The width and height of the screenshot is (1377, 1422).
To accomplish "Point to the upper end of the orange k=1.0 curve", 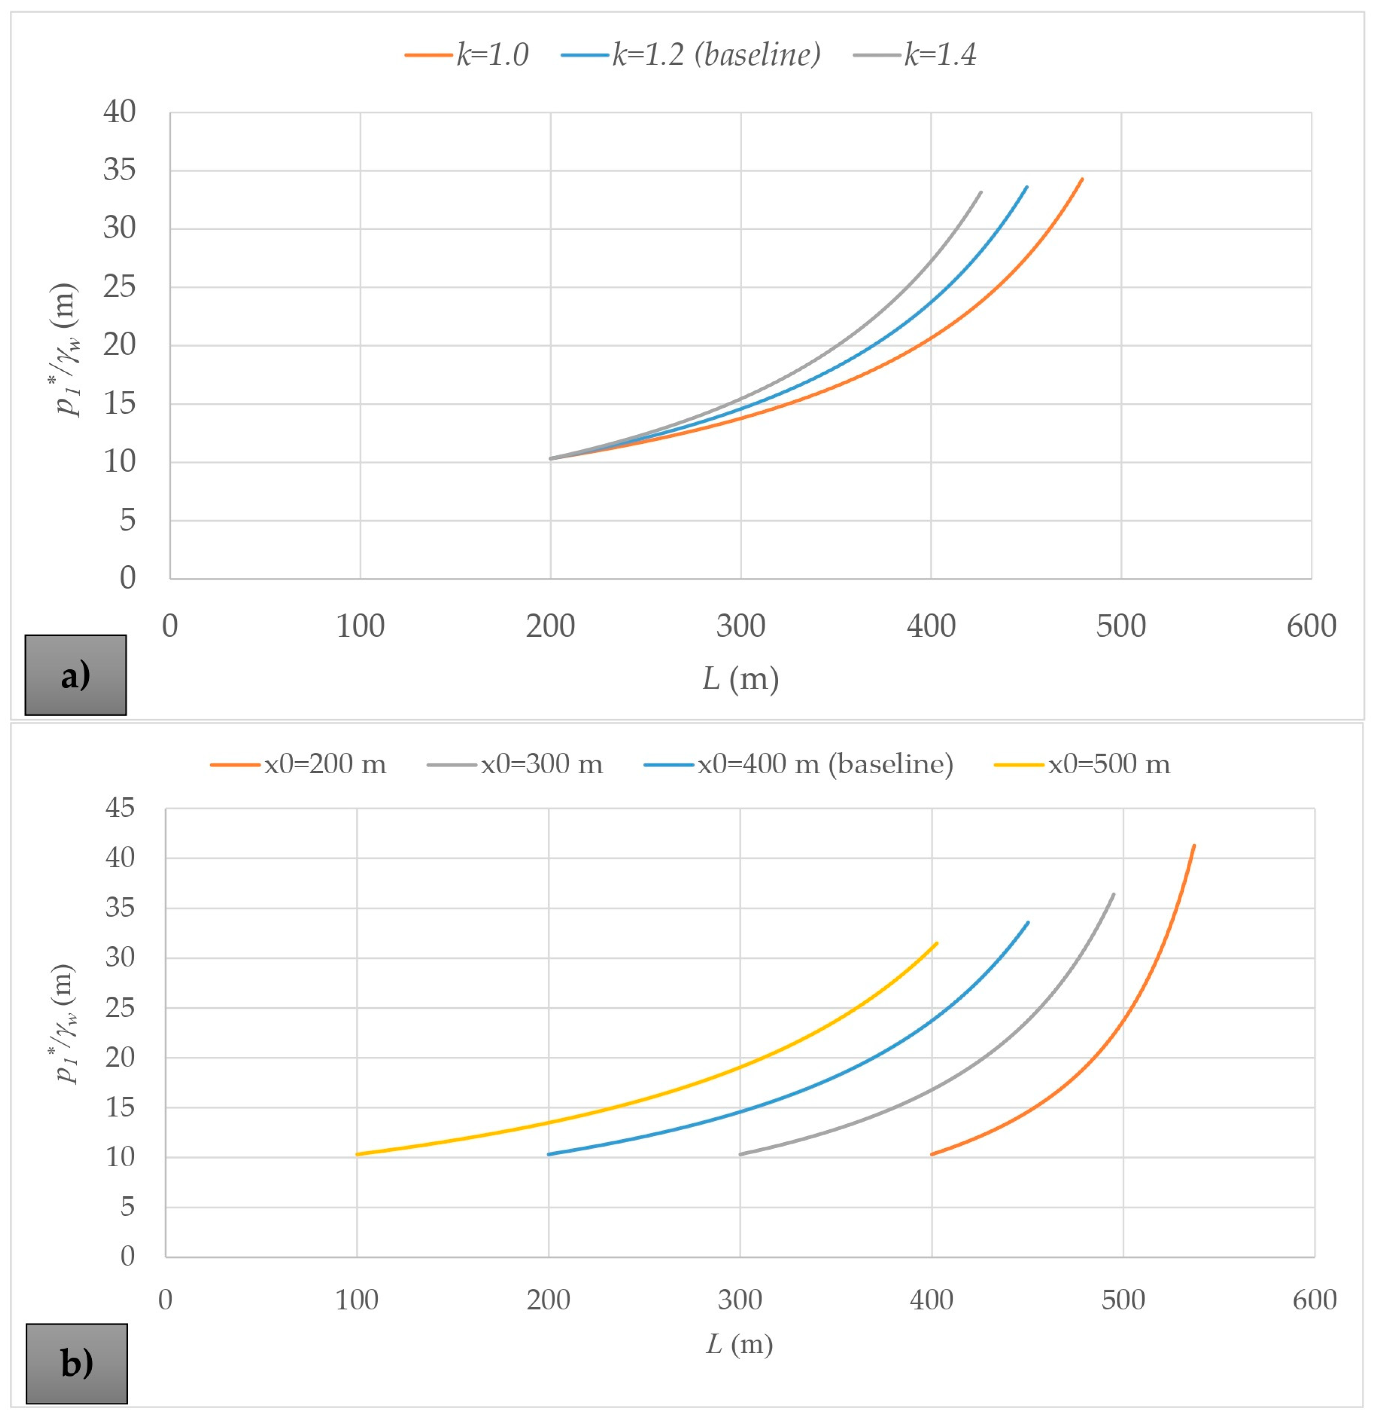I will [x=1082, y=179].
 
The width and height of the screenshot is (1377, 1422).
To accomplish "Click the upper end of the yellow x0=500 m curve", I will [x=937, y=943].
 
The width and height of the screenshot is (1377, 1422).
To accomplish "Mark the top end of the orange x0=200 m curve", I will [x=1193, y=845].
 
